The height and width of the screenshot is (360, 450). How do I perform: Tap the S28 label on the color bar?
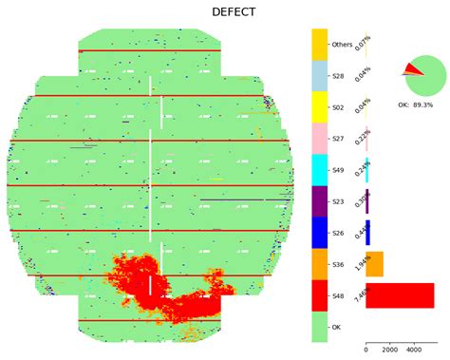pyautogui.click(x=337, y=76)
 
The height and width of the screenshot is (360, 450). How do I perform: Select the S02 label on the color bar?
pyautogui.click(x=337, y=107)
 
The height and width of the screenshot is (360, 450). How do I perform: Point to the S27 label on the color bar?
pyautogui.click(x=337, y=139)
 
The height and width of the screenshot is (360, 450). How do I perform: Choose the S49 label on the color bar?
pyautogui.click(x=337, y=170)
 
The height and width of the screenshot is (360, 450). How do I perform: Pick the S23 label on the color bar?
pyautogui.click(x=337, y=201)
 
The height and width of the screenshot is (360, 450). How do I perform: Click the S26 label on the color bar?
pyautogui.click(x=337, y=233)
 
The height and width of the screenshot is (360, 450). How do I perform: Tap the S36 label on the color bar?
pyautogui.click(x=337, y=264)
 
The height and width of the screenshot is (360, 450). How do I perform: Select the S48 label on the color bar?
pyautogui.click(x=337, y=295)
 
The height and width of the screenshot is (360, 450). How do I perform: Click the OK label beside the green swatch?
pyautogui.click(x=335, y=327)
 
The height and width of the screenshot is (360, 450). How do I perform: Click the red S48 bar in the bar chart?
pyautogui.click(x=399, y=295)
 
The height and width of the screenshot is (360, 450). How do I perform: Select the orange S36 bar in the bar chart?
pyautogui.click(x=374, y=264)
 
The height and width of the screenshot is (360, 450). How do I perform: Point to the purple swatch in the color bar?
pyautogui.click(x=319, y=201)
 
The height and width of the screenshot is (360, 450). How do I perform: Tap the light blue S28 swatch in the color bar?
pyautogui.click(x=319, y=76)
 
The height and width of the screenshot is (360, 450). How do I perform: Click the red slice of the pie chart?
pyautogui.click(x=413, y=68)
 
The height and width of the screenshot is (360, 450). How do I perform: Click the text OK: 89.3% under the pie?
pyautogui.click(x=422, y=104)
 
